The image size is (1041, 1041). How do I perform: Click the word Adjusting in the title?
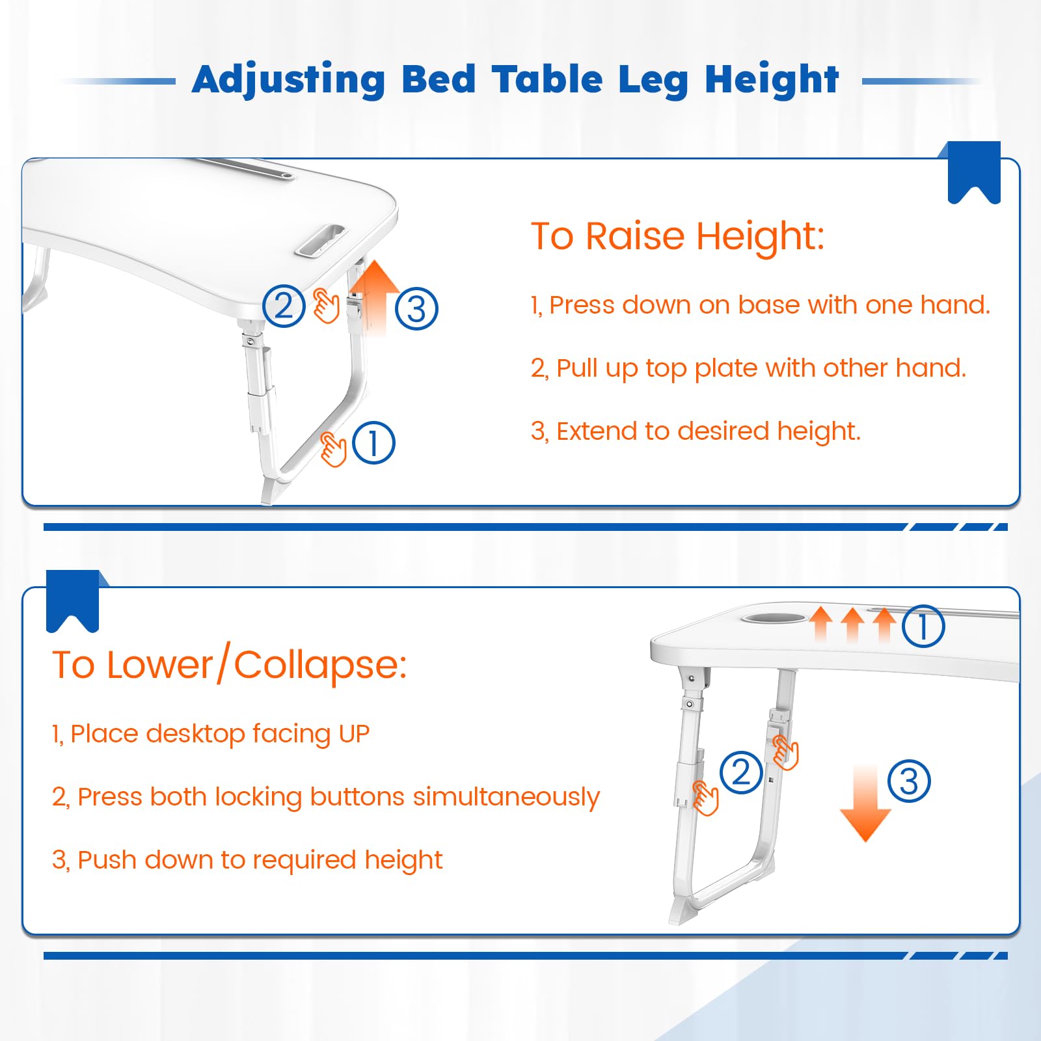(x=289, y=80)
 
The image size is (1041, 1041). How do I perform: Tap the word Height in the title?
(x=772, y=80)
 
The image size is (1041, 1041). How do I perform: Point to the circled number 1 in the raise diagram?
(x=373, y=443)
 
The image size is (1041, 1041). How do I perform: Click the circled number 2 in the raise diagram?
(x=284, y=306)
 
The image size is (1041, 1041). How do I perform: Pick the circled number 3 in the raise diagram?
(x=416, y=308)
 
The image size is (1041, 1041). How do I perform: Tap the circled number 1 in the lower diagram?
(x=923, y=626)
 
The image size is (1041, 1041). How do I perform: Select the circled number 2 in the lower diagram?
(x=741, y=772)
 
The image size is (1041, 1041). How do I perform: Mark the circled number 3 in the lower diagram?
(x=909, y=781)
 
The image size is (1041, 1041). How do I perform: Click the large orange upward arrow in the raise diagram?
(x=374, y=298)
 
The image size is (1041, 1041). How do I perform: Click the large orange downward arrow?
(x=865, y=804)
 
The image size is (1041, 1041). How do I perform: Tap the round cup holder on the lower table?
(x=774, y=615)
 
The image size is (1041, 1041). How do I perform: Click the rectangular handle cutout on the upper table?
(x=320, y=241)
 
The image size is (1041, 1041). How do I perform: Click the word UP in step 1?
(x=354, y=734)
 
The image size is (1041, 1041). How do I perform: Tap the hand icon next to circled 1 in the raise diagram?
(x=333, y=449)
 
